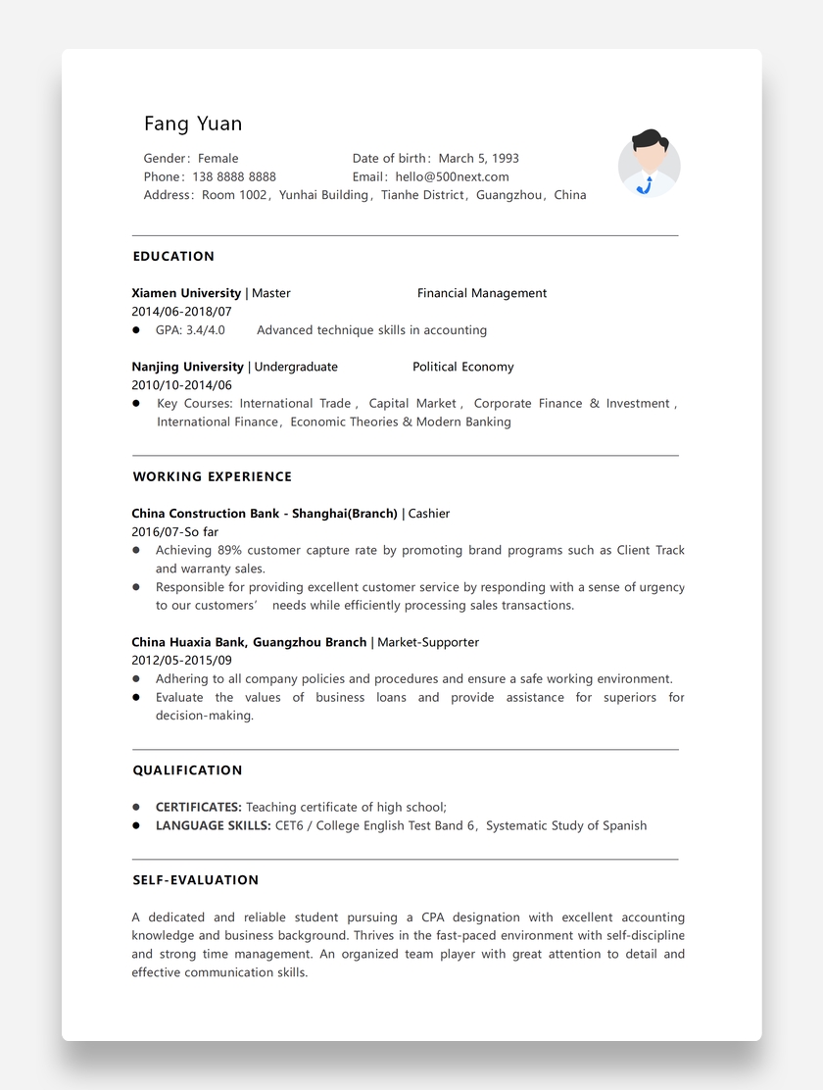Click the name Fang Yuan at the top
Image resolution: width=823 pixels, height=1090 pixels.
coord(193,124)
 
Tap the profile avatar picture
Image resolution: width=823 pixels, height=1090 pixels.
coord(649,163)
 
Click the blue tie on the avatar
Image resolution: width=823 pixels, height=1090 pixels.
coord(645,184)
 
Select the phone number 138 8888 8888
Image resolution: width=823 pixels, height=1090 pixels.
coord(234,176)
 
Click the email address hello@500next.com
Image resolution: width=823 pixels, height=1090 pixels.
coord(452,176)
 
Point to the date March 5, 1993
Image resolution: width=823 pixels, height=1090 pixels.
coord(478,158)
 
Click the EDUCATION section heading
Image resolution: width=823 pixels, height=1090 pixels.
coord(173,257)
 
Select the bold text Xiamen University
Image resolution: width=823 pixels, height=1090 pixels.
coord(186,293)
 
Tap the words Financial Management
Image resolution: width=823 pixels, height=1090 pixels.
coord(482,293)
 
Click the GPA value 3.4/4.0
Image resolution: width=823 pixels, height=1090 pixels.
coord(205,330)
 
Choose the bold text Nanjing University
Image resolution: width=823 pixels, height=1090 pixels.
coord(188,367)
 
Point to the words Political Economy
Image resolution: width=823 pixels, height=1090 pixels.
coord(462,367)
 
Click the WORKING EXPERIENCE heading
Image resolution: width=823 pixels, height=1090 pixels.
coord(213,477)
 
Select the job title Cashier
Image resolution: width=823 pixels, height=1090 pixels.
coord(429,514)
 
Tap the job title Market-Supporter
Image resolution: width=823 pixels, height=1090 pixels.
coord(428,642)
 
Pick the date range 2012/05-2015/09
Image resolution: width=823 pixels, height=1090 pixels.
coord(181,661)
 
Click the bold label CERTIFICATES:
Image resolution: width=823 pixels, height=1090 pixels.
coord(199,808)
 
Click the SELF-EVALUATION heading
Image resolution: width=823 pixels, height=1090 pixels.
coord(196,880)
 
